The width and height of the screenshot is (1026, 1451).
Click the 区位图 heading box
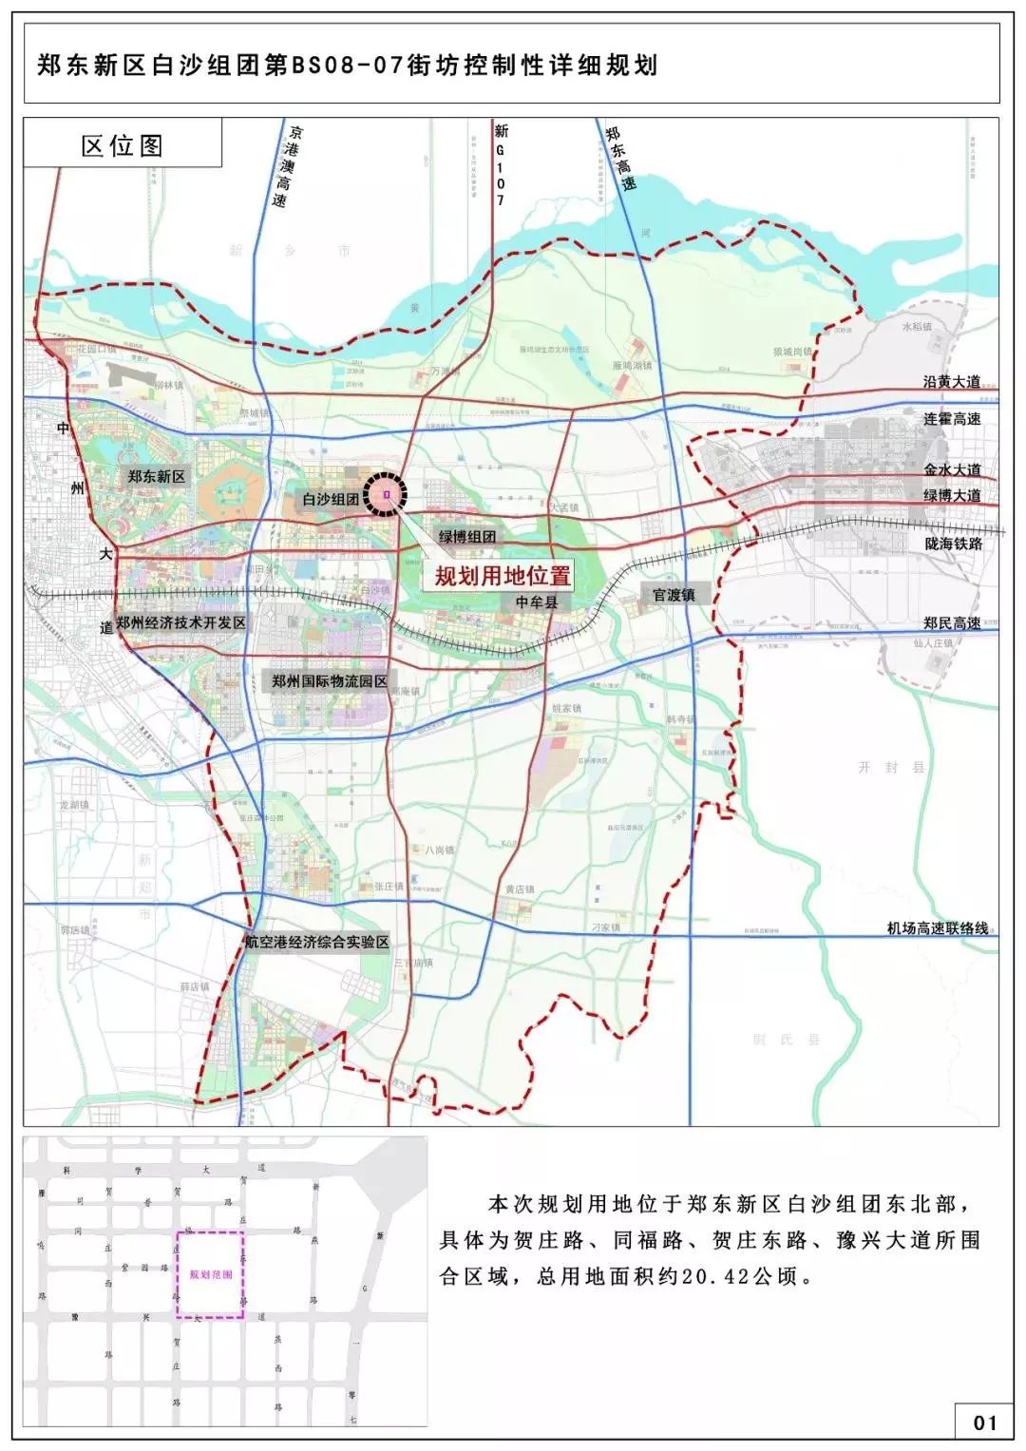point(123,145)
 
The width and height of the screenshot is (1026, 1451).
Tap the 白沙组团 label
point(330,498)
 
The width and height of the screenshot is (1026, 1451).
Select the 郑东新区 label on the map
point(157,476)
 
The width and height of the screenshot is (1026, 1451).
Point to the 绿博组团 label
point(466,536)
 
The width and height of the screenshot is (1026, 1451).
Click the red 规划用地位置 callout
point(503,575)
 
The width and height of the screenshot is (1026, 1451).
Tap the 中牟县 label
point(537,601)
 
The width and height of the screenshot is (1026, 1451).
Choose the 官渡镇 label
point(674,595)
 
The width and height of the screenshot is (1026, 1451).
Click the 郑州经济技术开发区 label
point(180,622)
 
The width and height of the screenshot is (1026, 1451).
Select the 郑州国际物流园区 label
point(330,681)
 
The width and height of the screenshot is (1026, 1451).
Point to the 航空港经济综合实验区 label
point(316,942)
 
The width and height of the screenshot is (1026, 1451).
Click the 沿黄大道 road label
point(952,382)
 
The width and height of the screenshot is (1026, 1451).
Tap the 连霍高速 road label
point(952,419)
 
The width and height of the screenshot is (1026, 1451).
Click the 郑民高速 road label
point(952,623)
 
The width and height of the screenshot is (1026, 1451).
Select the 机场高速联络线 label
point(938,928)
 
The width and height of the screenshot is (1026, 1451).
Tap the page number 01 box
point(984,1422)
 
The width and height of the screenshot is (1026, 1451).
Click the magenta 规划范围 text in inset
point(210,1275)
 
